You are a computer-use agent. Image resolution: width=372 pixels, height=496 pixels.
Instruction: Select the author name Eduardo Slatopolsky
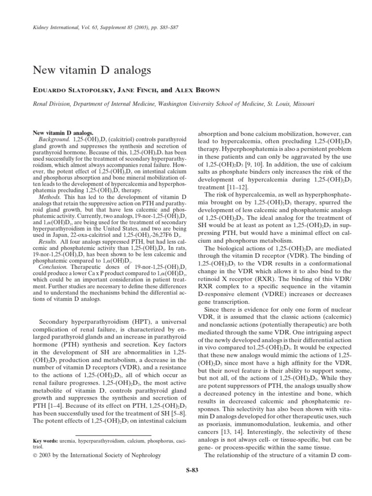click(x=71, y=91)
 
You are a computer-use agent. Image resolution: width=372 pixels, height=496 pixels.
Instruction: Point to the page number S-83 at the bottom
click(x=192, y=470)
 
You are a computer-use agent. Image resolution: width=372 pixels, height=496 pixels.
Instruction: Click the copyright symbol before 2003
click(x=34, y=455)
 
